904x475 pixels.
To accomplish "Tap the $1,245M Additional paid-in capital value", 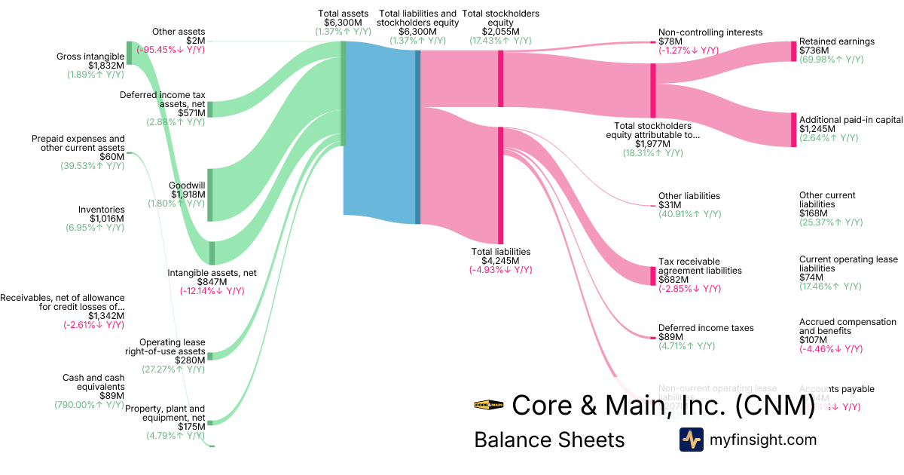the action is pos(815,129).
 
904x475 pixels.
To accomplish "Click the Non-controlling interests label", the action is pos(710,32).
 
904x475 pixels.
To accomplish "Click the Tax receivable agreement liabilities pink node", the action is pos(653,275).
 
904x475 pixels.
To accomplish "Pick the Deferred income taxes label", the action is pos(706,328).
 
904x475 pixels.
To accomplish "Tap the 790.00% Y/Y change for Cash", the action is pos(89,405).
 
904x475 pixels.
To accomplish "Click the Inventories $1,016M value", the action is pos(101,219).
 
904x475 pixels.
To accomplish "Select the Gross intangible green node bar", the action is pos(129,53).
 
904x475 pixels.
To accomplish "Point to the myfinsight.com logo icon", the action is pos(691,440).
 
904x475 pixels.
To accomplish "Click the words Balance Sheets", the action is pos(549,440).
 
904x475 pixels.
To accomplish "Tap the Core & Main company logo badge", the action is pos(488,405).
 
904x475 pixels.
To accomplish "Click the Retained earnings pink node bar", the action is pos(793,51).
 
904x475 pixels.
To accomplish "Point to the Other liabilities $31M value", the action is pos(670,205).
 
